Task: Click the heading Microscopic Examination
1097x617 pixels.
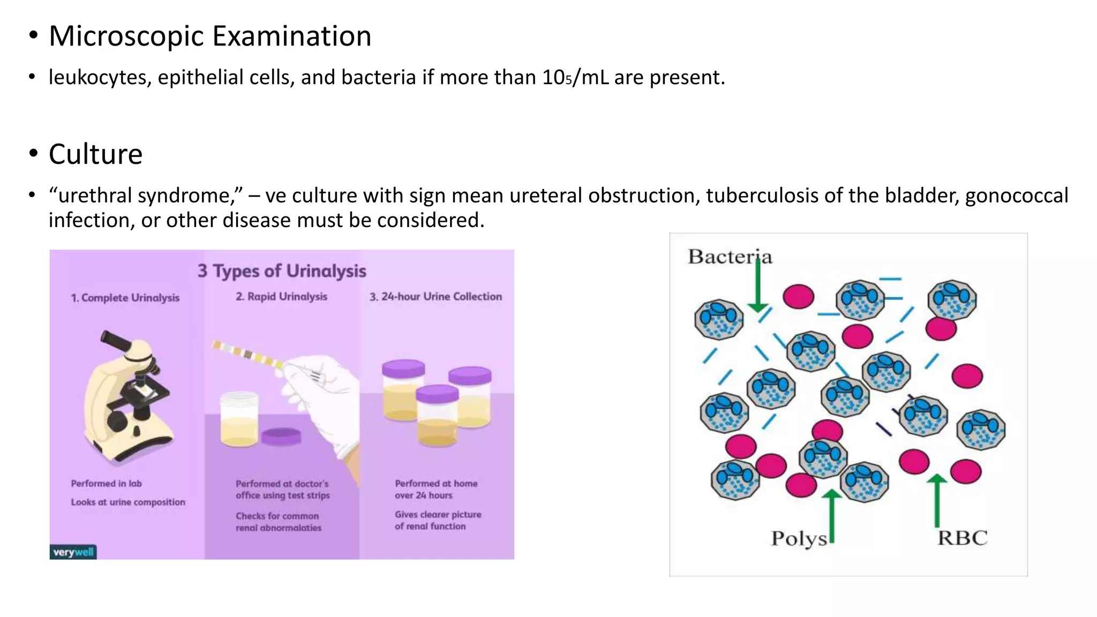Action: pyautogui.click(x=210, y=36)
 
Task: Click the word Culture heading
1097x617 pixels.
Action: pyautogui.click(x=95, y=154)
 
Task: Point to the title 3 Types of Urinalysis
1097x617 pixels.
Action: pyautogui.click(x=282, y=271)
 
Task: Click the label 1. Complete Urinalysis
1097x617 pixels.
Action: pyautogui.click(x=125, y=298)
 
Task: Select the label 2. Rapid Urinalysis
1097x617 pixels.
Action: pyautogui.click(x=281, y=297)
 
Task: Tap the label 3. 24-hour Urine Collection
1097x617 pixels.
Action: pyautogui.click(x=435, y=297)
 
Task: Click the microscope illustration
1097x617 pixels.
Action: pyautogui.click(x=129, y=396)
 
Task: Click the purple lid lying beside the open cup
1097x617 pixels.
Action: pyautogui.click(x=282, y=436)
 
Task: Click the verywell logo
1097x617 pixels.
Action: pyautogui.click(x=73, y=552)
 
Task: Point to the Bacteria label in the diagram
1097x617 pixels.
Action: pyautogui.click(x=730, y=257)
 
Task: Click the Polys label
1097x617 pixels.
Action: pyautogui.click(x=799, y=538)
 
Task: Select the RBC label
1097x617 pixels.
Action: pyautogui.click(x=962, y=538)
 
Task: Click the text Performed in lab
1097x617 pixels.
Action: pyautogui.click(x=106, y=484)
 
